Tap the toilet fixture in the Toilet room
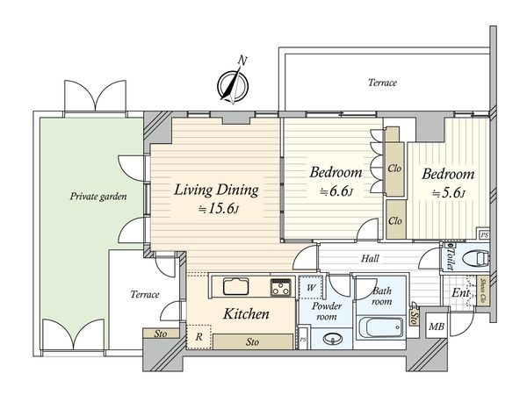[x=476, y=259]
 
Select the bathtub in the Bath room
[x=380, y=327]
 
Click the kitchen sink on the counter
[x=236, y=286]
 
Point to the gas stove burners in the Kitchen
[x=281, y=288]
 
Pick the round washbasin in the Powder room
[x=333, y=338]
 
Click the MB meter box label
[x=437, y=327]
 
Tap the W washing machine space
[x=311, y=288]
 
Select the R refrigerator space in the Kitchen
[x=199, y=336]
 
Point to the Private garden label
[x=98, y=196]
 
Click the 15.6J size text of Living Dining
[x=219, y=209]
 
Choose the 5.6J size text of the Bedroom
[x=448, y=193]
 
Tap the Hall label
[x=371, y=258]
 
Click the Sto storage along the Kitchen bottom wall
[x=253, y=342]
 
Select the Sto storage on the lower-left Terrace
[x=161, y=334]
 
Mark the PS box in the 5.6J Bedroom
[x=484, y=235]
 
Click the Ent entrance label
[x=460, y=293]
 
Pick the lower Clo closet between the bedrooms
[x=395, y=220]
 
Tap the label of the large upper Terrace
[x=382, y=83]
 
